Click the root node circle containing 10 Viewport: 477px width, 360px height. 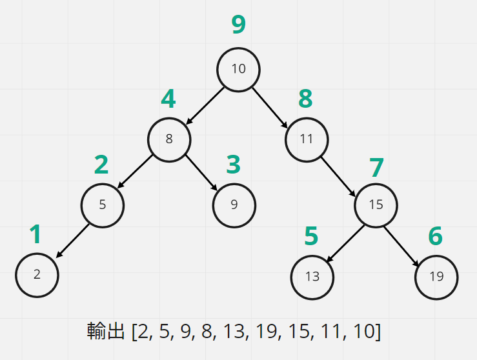tap(238, 69)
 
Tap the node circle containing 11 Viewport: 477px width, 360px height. tap(307, 138)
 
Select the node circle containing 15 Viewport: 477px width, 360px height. tap(376, 205)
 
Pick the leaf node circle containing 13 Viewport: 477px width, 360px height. tap(312, 277)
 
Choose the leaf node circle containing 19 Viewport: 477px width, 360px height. tap(436, 277)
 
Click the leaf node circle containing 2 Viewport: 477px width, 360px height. tap(37, 274)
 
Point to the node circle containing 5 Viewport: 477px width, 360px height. tap(102, 205)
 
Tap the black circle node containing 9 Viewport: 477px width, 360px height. tap(234, 205)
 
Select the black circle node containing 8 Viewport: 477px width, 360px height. tap(169, 138)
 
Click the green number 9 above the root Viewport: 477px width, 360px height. tap(239, 25)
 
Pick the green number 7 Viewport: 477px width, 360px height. tap(376, 168)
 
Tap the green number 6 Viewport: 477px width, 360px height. tap(436, 237)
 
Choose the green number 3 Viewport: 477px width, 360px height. tap(233, 165)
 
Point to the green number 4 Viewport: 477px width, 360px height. tap(168, 99)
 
